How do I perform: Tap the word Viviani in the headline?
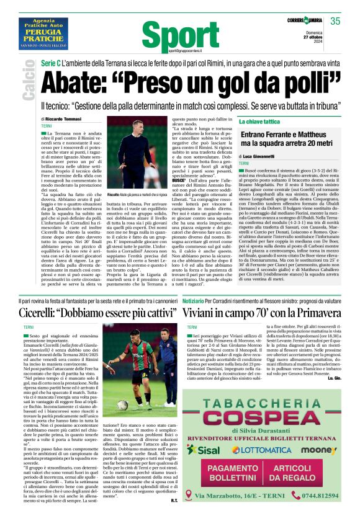point(208,311)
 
